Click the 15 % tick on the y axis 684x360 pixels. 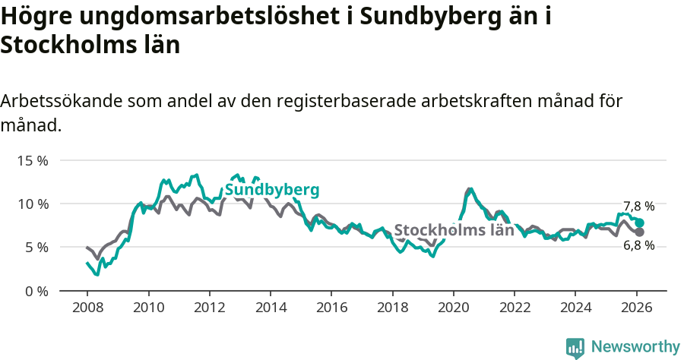[x=33, y=161]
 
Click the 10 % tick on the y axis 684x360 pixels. [x=33, y=204]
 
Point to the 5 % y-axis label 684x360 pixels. [x=36, y=248]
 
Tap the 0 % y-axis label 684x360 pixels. [x=36, y=291]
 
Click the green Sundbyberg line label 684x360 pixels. [x=271, y=190]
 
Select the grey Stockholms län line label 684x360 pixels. [x=454, y=230]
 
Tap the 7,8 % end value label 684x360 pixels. [x=638, y=207]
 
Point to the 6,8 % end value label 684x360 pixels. [x=638, y=245]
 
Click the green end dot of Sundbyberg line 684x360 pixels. [x=639, y=223]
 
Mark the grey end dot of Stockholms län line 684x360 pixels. [x=639, y=232]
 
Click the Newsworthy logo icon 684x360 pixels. [x=575, y=347]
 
